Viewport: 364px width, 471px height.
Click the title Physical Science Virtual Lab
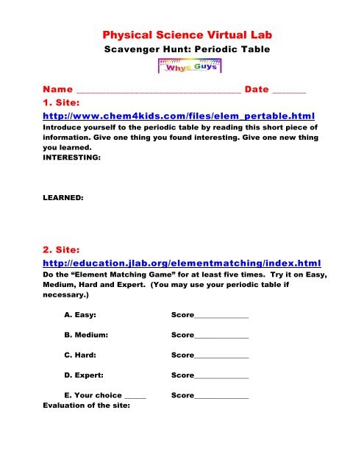coord(181,34)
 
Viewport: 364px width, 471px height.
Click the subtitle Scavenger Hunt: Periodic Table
coord(181,52)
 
